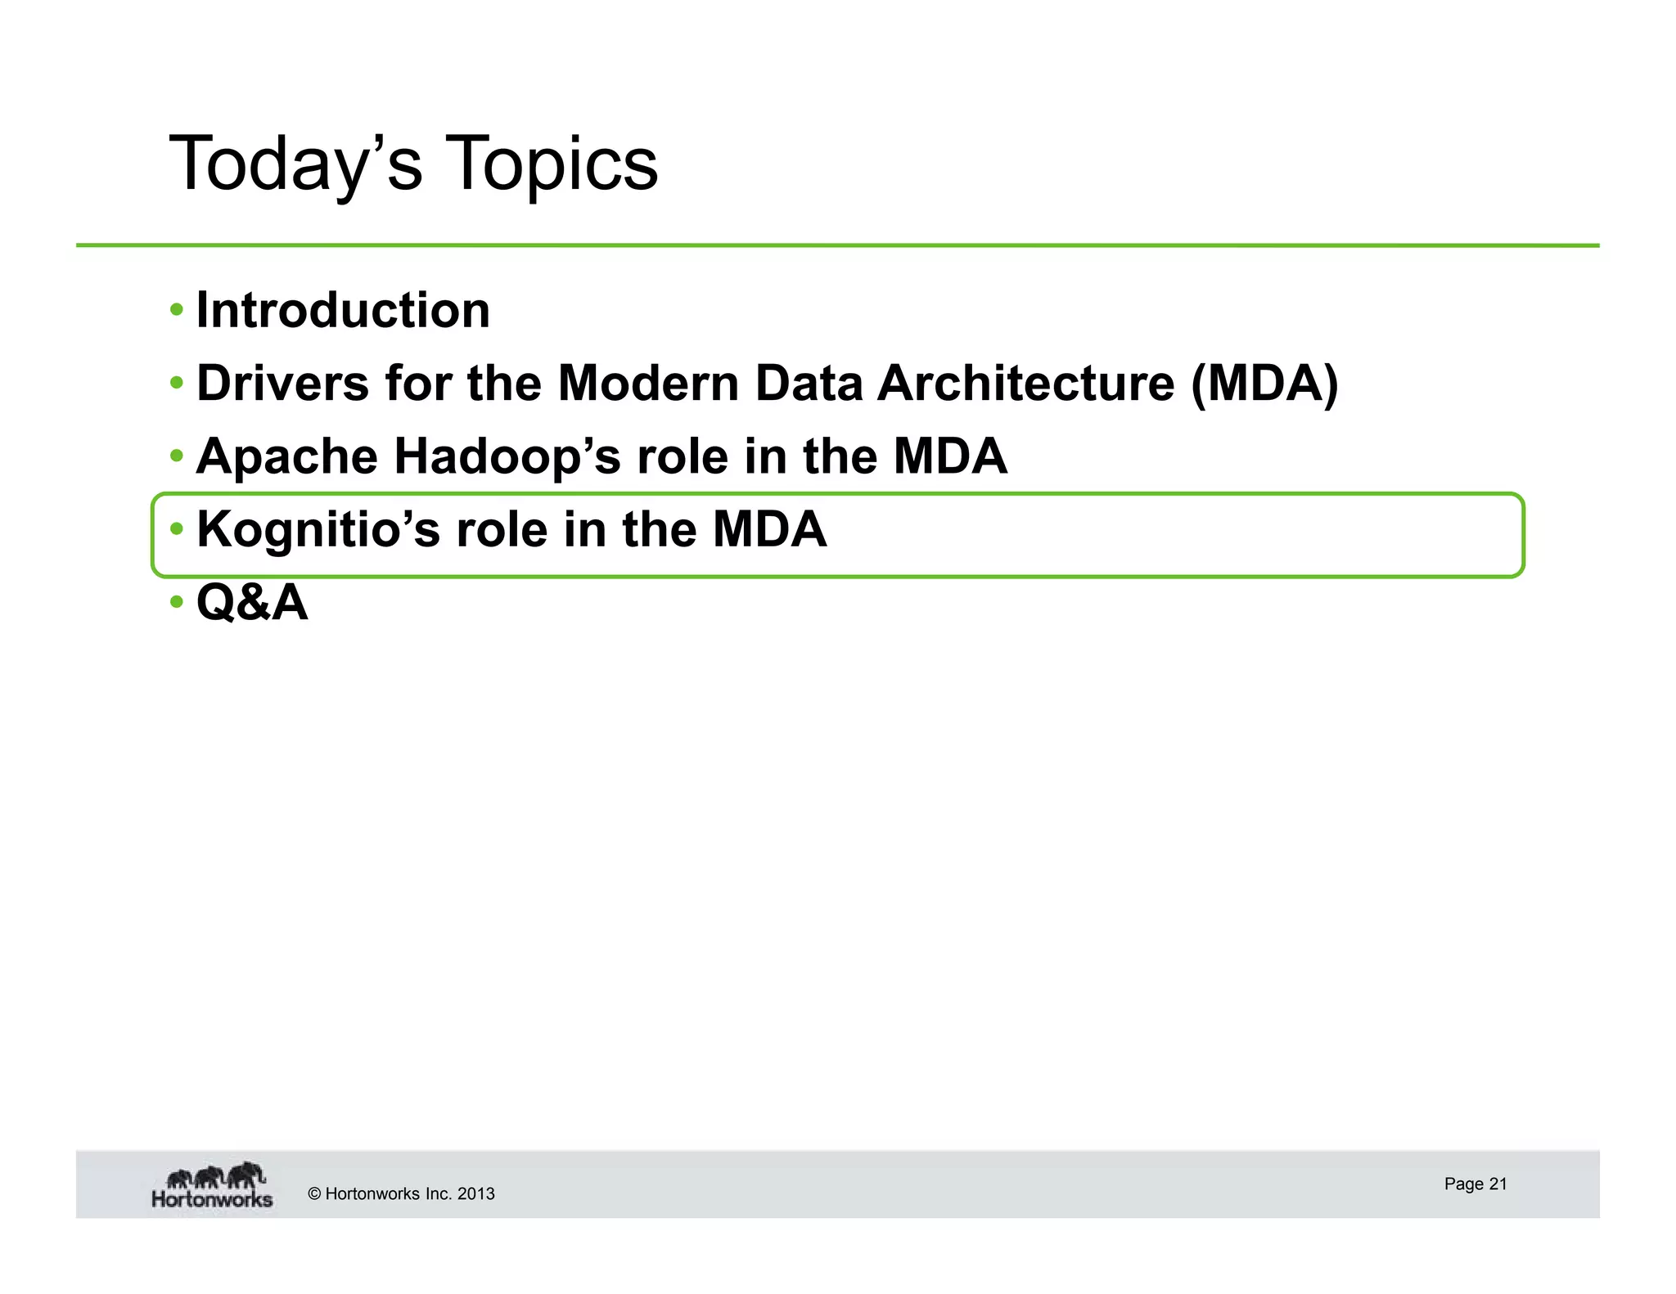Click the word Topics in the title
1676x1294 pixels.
(552, 164)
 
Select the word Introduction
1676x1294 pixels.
(343, 311)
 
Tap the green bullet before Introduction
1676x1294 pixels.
(177, 310)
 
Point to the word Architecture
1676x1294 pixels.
(1026, 383)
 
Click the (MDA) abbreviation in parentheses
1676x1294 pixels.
(1264, 383)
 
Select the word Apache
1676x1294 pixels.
(286, 456)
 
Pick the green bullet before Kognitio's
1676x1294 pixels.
(177, 529)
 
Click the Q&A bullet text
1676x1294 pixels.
(252, 603)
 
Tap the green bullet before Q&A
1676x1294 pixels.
(177, 603)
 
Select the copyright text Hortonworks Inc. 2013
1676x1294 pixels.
(401, 1193)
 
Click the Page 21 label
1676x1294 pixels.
(1475, 1184)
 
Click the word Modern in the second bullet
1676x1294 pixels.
(648, 383)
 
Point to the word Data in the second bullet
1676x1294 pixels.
(809, 383)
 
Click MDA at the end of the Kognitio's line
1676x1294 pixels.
(769, 529)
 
